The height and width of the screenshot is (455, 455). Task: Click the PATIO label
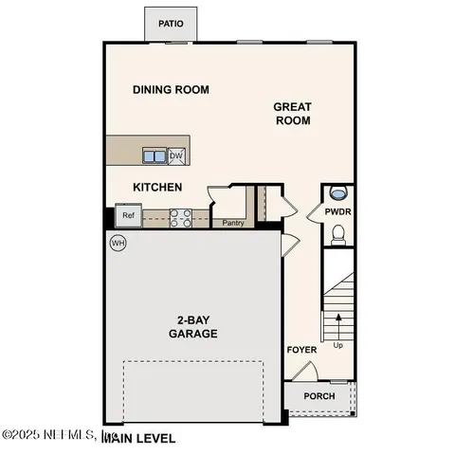[x=171, y=24]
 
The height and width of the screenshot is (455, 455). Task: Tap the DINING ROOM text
[x=171, y=90]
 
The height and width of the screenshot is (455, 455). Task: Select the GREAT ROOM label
[x=293, y=114]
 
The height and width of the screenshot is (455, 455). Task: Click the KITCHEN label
[x=157, y=188]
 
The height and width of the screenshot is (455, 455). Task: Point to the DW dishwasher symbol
[x=176, y=155]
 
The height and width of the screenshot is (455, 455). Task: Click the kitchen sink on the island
[x=155, y=155]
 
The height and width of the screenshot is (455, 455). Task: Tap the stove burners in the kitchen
[x=181, y=217]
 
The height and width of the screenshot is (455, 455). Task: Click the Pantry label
[x=233, y=224]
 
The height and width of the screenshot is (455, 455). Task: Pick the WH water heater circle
[x=118, y=243]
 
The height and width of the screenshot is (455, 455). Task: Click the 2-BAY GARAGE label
[x=193, y=327]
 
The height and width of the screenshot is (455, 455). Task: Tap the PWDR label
[x=337, y=212]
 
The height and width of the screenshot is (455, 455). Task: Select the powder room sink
[x=338, y=192]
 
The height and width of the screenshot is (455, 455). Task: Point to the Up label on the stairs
[x=338, y=345]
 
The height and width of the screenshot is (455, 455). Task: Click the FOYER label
[x=301, y=350]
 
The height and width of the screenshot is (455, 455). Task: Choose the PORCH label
[x=318, y=395]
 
